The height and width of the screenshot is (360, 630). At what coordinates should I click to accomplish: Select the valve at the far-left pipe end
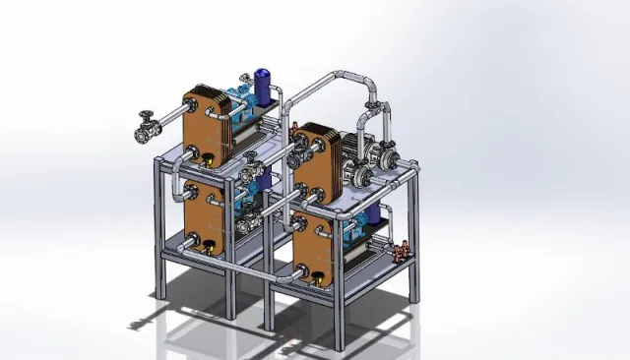pos(147,128)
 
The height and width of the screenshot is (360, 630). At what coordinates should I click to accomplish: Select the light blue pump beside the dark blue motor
pos(236,97)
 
